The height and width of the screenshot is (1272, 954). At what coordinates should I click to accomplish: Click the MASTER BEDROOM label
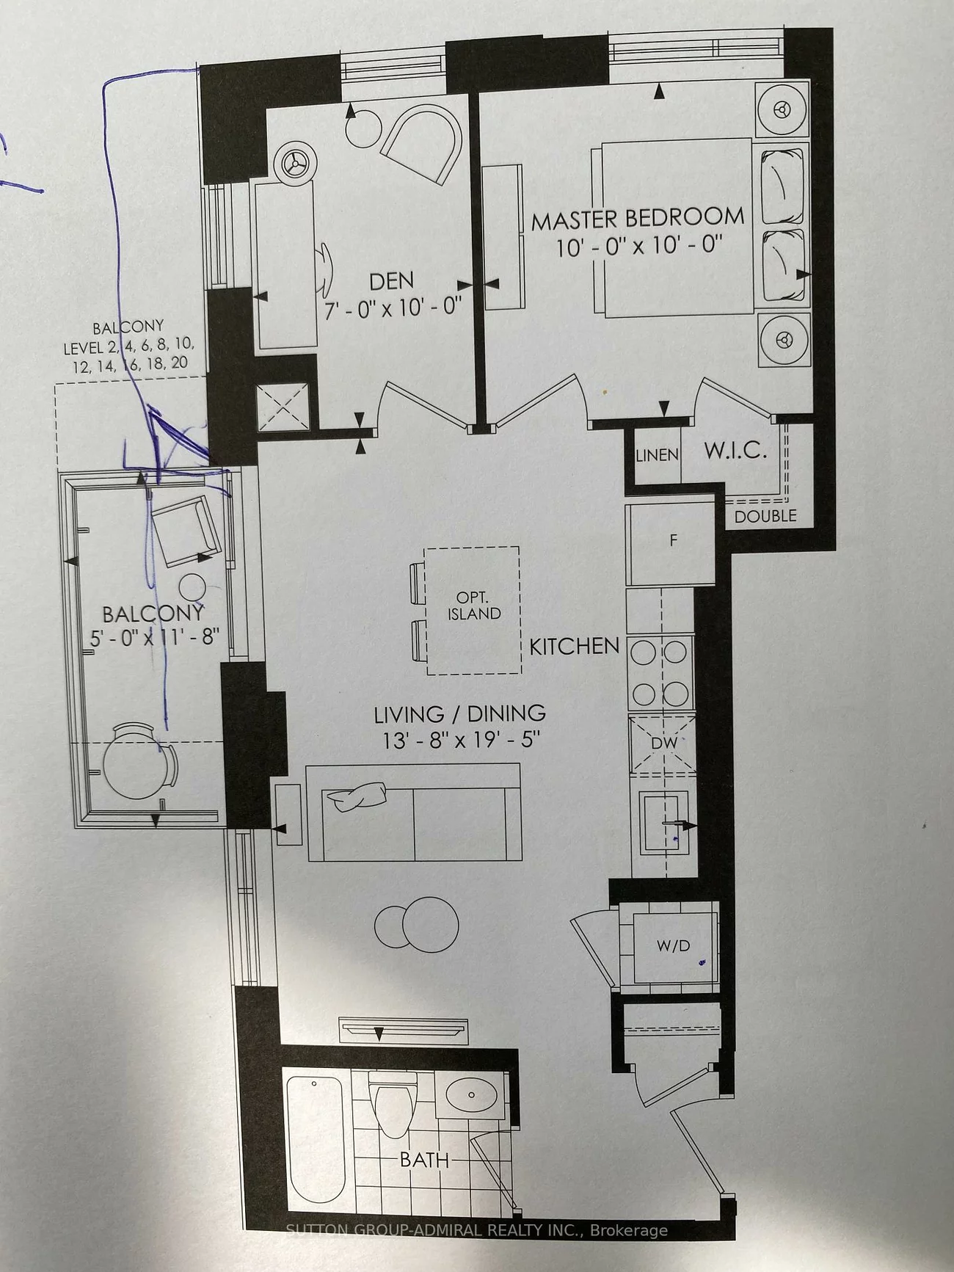pos(638,219)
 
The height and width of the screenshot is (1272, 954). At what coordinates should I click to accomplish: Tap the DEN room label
pos(391,280)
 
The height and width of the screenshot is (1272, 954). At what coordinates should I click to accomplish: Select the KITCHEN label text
pos(575,646)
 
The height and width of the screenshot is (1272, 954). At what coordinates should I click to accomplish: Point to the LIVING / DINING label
pos(460,713)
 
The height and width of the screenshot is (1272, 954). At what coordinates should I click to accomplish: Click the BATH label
pos(424,1160)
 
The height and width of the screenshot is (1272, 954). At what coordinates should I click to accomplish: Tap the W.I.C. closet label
pos(735,451)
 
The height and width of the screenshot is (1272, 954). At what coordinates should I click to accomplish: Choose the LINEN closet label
pos(657,455)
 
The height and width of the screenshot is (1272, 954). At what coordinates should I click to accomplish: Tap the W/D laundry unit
pos(674,946)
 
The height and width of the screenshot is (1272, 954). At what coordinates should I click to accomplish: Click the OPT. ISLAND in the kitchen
pos(473,611)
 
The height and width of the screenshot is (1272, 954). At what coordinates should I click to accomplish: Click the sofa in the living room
pos(414,813)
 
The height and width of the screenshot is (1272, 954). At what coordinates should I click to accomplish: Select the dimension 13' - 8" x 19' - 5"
pos(461,740)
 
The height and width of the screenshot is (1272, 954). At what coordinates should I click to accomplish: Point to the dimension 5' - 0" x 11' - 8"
pos(155,636)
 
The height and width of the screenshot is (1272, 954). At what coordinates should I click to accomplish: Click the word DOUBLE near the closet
pos(765,516)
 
